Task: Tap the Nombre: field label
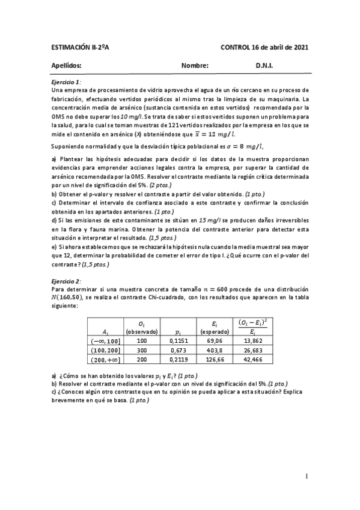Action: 194,66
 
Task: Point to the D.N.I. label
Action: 264,66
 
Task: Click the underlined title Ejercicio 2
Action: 66,280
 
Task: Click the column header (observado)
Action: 142,331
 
